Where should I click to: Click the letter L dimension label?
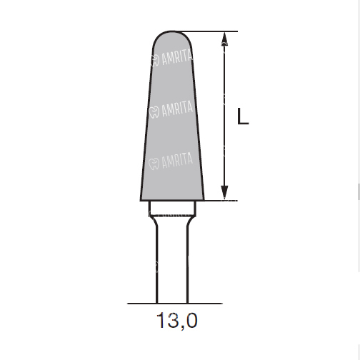tap(243, 116)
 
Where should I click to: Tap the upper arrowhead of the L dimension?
tap(224, 39)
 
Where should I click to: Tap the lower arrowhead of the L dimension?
tap(224, 192)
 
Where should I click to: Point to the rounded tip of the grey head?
tap(171, 31)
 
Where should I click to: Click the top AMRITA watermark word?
tap(177, 58)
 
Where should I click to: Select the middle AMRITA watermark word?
tap(177, 109)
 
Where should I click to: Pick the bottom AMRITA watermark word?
tap(177, 160)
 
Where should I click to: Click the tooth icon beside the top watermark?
tap(155, 61)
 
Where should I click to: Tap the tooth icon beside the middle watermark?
tap(154, 112)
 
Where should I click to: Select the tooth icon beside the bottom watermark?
tap(154, 164)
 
